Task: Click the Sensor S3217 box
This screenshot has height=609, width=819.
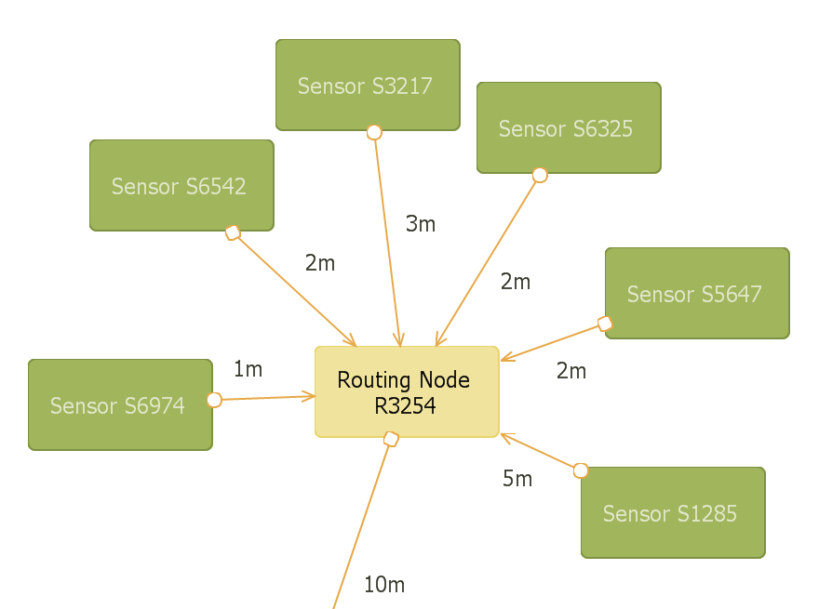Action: (x=368, y=85)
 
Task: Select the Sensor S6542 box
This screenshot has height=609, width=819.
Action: (x=181, y=185)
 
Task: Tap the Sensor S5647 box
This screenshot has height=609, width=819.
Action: (x=696, y=293)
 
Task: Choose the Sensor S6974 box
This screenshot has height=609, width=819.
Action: (x=120, y=404)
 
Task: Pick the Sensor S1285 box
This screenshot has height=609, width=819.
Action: (x=672, y=512)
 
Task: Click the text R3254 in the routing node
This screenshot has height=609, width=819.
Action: (x=405, y=405)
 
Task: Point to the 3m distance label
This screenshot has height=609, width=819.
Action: (x=421, y=224)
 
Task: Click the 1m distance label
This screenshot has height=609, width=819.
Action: (x=248, y=369)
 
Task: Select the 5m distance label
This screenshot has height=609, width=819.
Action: (x=517, y=479)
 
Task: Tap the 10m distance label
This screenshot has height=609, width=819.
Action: (x=384, y=585)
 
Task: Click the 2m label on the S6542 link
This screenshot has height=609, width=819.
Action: (x=319, y=263)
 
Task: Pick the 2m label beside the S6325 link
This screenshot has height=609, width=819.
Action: (x=515, y=282)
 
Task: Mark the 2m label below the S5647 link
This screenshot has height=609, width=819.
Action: (x=571, y=371)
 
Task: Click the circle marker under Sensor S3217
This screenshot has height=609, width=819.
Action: (x=374, y=132)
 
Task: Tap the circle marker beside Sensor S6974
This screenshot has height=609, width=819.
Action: (x=214, y=400)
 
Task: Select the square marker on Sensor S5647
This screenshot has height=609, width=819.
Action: (x=605, y=324)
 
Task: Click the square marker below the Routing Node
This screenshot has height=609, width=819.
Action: (x=392, y=439)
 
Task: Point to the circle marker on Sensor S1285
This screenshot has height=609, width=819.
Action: (x=581, y=470)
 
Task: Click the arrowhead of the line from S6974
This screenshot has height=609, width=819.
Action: (x=311, y=397)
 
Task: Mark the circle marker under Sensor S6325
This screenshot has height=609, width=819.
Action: (x=539, y=175)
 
